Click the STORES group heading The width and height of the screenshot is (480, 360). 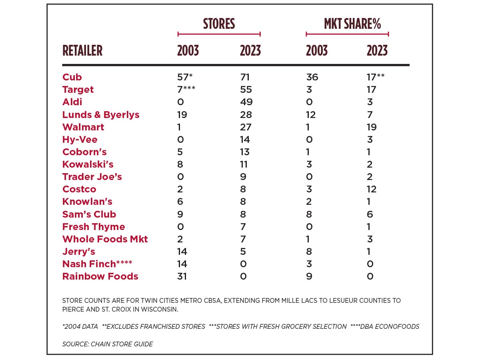(x=219, y=24)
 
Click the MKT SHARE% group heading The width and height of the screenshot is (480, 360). (x=352, y=24)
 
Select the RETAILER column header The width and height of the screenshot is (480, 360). (x=82, y=51)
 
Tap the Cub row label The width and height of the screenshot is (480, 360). (x=72, y=77)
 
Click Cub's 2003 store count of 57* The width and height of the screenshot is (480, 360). (x=185, y=77)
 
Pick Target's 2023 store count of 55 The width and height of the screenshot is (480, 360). (x=246, y=90)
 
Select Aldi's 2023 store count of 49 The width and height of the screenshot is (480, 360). (x=246, y=102)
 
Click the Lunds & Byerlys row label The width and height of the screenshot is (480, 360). (x=101, y=115)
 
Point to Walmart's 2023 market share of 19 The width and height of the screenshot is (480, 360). (x=372, y=127)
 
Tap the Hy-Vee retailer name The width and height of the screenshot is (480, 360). (x=80, y=140)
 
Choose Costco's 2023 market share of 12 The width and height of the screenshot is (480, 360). (x=372, y=189)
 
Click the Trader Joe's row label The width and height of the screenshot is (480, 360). (x=92, y=177)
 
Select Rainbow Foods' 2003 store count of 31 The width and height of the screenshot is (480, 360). (x=182, y=276)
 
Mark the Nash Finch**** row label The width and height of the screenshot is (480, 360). (x=97, y=264)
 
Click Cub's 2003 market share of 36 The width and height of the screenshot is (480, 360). (x=312, y=77)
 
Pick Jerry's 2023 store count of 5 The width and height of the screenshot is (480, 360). (x=243, y=252)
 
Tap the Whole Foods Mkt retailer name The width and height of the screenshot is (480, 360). (x=105, y=239)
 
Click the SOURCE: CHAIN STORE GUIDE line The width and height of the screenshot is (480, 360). (x=107, y=344)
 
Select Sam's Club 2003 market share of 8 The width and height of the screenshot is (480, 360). (x=309, y=214)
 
